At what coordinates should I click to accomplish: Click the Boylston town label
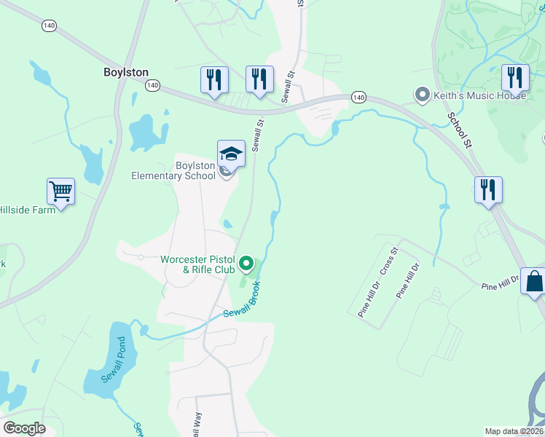click(125, 72)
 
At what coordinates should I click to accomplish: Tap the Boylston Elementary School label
click(173, 170)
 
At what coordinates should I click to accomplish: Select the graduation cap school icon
click(231, 154)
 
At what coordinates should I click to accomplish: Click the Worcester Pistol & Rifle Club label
click(199, 264)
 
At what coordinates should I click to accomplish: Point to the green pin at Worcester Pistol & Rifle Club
click(246, 264)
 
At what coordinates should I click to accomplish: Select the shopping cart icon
click(61, 192)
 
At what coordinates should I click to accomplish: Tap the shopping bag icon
click(534, 281)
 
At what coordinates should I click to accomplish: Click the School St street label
click(460, 130)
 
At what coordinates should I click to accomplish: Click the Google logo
click(24, 428)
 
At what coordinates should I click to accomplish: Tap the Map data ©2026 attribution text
click(514, 431)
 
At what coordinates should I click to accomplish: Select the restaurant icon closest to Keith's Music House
click(515, 78)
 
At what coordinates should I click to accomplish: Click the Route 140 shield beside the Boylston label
click(152, 85)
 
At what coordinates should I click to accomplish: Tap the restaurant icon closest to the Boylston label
click(214, 79)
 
